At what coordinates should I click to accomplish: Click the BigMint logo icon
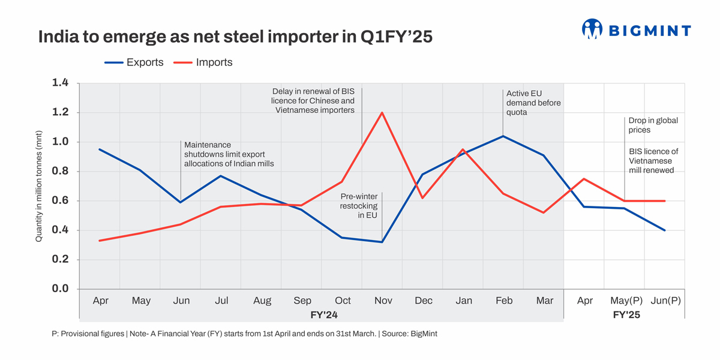click(592, 29)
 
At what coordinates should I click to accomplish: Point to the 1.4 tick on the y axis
click(61, 83)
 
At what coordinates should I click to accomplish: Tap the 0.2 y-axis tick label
click(61, 260)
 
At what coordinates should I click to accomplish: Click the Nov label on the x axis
click(382, 301)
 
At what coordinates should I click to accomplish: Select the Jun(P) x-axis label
click(665, 301)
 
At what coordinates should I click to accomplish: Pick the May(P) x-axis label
click(625, 301)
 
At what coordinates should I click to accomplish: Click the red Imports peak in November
click(382, 112)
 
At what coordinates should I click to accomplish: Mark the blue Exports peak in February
click(503, 136)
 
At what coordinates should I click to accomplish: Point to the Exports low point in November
click(382, 242)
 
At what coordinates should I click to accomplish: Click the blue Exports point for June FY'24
click(181, 202)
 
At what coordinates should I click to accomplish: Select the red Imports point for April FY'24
click(100, 241)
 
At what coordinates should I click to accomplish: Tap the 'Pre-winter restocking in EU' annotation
click(359, 206)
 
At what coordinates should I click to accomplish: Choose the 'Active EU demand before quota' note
click(533, 103)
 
